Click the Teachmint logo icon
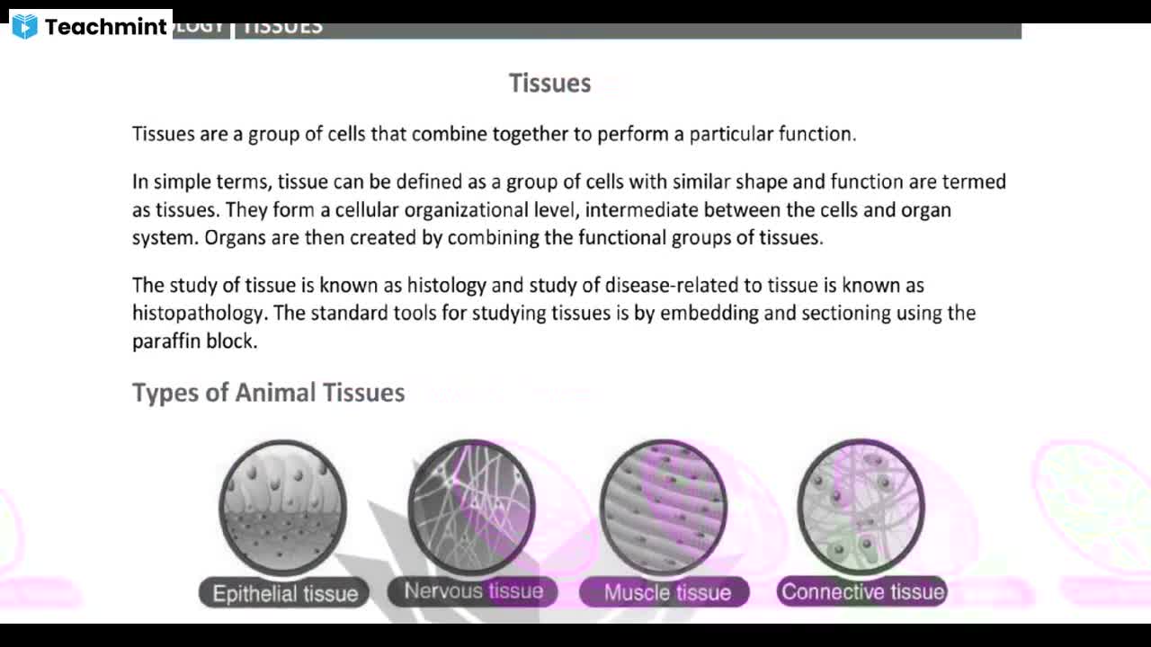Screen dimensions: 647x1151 tap(25, 26)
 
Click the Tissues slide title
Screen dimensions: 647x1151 tap(549, 83)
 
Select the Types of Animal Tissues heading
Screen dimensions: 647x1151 tap(268, 393)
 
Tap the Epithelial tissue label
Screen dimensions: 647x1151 tap(284, 593)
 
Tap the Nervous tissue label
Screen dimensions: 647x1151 tap(473, 590)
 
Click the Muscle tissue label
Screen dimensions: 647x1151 tap(666, 592)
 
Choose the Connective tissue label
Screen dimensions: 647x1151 tap(862, 591)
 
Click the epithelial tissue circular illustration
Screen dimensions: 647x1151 tap(282, 507)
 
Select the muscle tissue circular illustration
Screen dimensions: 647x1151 tap(664, 506)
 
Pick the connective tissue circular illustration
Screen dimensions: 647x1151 tap(861, 506)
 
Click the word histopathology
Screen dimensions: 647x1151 tap(199, 313)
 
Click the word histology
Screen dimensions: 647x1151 tap(446, 285)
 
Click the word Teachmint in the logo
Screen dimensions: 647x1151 tap(105, 27)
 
